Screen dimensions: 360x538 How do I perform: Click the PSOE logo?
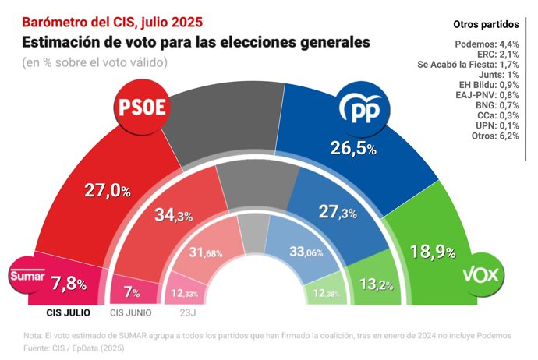[x=141, y=110]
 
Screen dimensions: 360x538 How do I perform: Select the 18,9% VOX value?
[x=433, y=251]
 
